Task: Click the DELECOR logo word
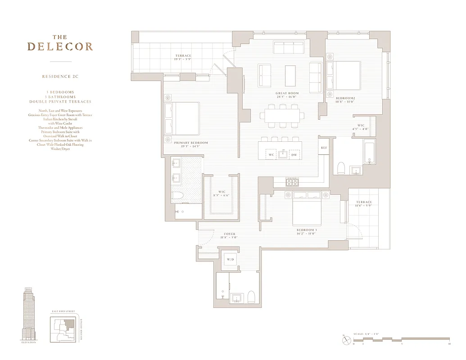60,47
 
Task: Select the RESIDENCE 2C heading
60,76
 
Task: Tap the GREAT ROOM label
287,94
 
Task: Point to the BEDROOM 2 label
346,98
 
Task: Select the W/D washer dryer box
231,260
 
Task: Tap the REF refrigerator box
323,148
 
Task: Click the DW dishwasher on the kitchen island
294,155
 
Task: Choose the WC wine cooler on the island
271,155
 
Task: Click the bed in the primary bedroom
182,118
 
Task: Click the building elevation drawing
28,314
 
